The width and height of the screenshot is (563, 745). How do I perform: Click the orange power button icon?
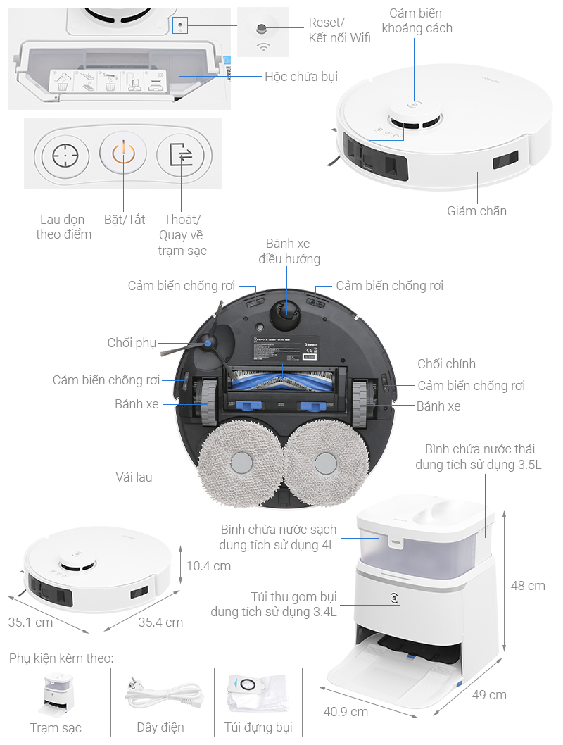tap(122, 155)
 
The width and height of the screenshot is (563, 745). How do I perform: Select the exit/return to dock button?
tap(180, 155)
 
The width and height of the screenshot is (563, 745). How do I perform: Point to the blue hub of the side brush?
tap(208, 343)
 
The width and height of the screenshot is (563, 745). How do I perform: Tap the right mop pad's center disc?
tap(325, 463)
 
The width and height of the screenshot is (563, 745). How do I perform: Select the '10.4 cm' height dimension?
tap(208, 566)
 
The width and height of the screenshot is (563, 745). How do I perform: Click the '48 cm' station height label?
tap(528, 586)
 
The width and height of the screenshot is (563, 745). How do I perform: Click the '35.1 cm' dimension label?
tap(30, 622)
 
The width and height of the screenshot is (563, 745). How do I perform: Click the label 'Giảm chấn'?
tap(477, 211)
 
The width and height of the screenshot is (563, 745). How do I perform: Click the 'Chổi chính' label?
tap(446, 364)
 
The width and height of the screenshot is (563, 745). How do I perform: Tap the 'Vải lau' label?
tap(134, 477)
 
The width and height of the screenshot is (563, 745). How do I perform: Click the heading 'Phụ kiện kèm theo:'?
tap(61, 658)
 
